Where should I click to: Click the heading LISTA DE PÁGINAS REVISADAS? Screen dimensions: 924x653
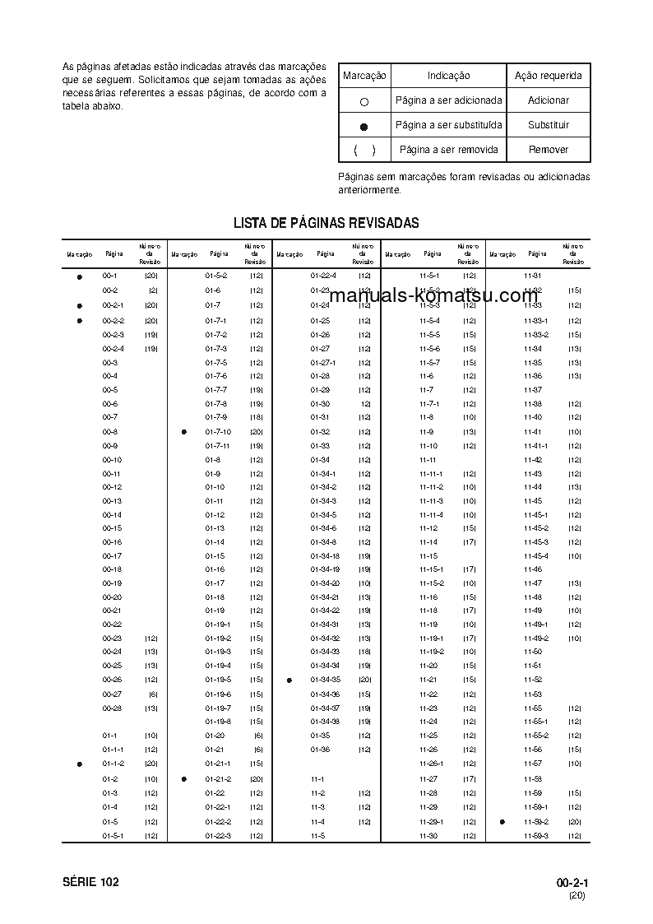pyautogui.click(x=326, y=223)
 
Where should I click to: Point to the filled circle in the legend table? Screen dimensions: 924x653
pyautogui.click(x=364, y=126)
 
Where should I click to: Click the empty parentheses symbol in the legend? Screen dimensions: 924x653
pyautogui.click(x=364, y=150)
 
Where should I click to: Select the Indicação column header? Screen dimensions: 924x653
pyautogui.click(x=448, y=76)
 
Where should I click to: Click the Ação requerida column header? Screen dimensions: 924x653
pyautogui.click(x=548, y=76)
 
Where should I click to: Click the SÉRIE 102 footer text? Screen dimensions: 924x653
pyautogui.click(x=90, y=882)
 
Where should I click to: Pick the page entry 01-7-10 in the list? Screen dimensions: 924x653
pyautogui.click(x=218, y=432)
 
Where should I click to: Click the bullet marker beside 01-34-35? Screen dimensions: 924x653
pyautogui.click(x=289, y=680)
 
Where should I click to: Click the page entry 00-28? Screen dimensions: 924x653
pyautogui.click(x=112, y=708)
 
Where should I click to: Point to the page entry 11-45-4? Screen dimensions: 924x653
pyautogui.click(x=535, y=556)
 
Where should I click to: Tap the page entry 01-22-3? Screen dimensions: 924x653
pyautogui.click(x=218, y=836)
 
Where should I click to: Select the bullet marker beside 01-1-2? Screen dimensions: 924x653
pyautogui.click(x=80, y=764)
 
